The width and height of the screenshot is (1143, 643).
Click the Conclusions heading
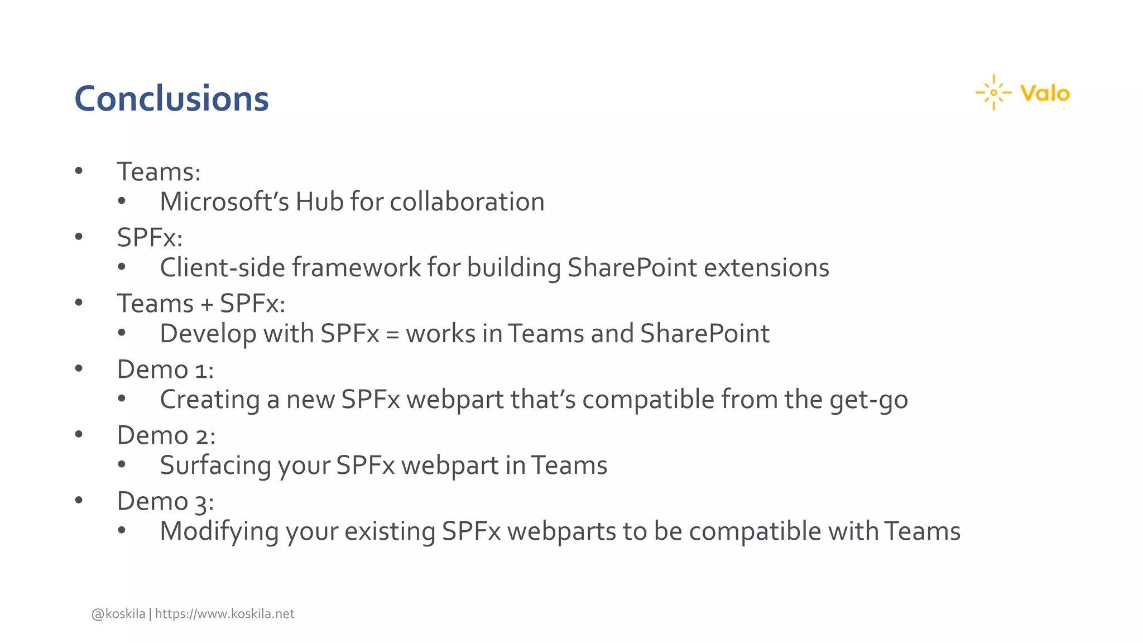171,99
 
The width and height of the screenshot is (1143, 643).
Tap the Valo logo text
1045,93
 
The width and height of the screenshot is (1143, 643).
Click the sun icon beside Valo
993,93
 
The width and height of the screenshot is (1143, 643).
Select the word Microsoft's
224,201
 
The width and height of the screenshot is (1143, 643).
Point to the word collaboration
467,201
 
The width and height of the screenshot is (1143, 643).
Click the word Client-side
223,267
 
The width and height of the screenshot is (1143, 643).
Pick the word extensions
766,267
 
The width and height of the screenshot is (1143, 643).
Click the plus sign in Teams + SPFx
206,305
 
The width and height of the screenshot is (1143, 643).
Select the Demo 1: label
165,370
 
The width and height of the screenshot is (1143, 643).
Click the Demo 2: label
166,435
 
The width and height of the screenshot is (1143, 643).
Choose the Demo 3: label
165,501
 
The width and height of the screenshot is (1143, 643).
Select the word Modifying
219,531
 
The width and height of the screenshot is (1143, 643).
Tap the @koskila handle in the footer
118,614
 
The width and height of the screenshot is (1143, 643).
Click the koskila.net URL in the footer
224,614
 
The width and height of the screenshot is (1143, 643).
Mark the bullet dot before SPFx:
79,237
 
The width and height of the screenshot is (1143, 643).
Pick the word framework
357,267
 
